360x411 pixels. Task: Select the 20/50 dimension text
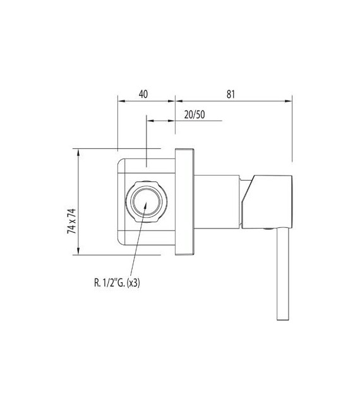click(x=194, y=114)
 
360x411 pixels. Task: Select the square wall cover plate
click(x=184, y=201)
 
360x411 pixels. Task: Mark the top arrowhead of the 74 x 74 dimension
click(x=78, y=152)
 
